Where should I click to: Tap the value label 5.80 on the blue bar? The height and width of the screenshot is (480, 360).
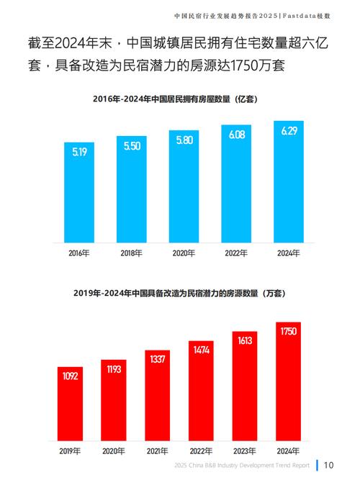click(184, 141)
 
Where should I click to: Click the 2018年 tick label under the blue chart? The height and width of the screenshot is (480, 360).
click(131, 253)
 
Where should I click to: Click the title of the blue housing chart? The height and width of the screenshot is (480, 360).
click(179, 99)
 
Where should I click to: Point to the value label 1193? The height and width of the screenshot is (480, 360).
click(113, 370)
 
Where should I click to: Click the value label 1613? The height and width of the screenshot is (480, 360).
click(245, 341)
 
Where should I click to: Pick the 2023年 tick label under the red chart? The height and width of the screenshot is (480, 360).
click(245, 450)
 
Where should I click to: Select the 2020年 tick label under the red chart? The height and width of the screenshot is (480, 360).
click(113, 450)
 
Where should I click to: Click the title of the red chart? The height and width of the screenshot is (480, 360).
click(179, 293)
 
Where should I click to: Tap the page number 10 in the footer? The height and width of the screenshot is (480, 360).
click(328, 465)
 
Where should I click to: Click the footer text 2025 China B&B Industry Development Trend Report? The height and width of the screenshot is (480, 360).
click(242, 466)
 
